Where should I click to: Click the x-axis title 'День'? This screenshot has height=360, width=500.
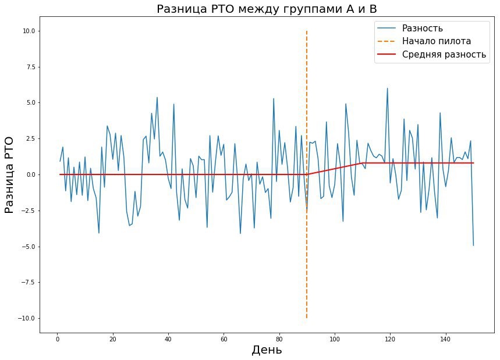pyautogui.click(x=267, y=350)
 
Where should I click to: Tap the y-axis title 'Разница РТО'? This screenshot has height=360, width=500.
pyautogui.click(x=10, y=174)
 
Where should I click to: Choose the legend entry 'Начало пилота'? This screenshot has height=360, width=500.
pyautogui.click(x=436, y=41)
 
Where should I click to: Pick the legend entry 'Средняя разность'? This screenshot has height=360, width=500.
pyautogui.click(x=444, y=55)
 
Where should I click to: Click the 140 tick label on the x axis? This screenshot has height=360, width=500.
pyautogui.click(x=446, y=338)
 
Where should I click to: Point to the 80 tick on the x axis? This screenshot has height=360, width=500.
pyautogui.click(x=279, y=338)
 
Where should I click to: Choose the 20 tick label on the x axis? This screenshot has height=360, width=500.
pyautogui.click(x=112, y=338)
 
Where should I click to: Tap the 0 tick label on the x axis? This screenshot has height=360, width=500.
pyautogui.click(x=57, y=338)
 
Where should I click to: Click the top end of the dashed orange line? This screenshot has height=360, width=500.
pyautogui.click(x=307, y=31)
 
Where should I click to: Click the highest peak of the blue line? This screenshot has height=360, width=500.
pyautogui.click(x=387, y=88)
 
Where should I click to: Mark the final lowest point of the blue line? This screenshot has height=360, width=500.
pyautogui.click(x=473, y=245)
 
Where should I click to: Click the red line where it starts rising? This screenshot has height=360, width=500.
pyautogui.click(x=307, y=174)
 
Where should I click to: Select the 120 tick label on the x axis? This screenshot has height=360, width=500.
pyautogui.click(x=390, y=338)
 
